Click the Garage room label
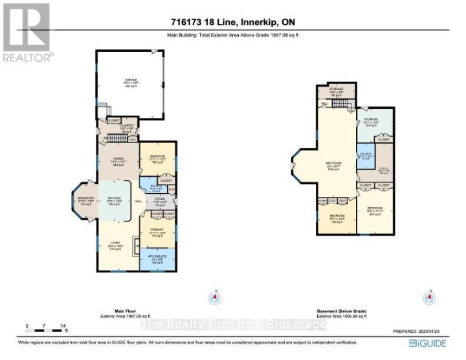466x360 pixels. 131,83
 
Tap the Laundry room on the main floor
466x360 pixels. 126,128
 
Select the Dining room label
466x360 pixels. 118,162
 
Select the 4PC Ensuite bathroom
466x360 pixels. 157,260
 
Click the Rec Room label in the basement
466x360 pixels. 336,167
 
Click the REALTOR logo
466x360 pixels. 27,32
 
